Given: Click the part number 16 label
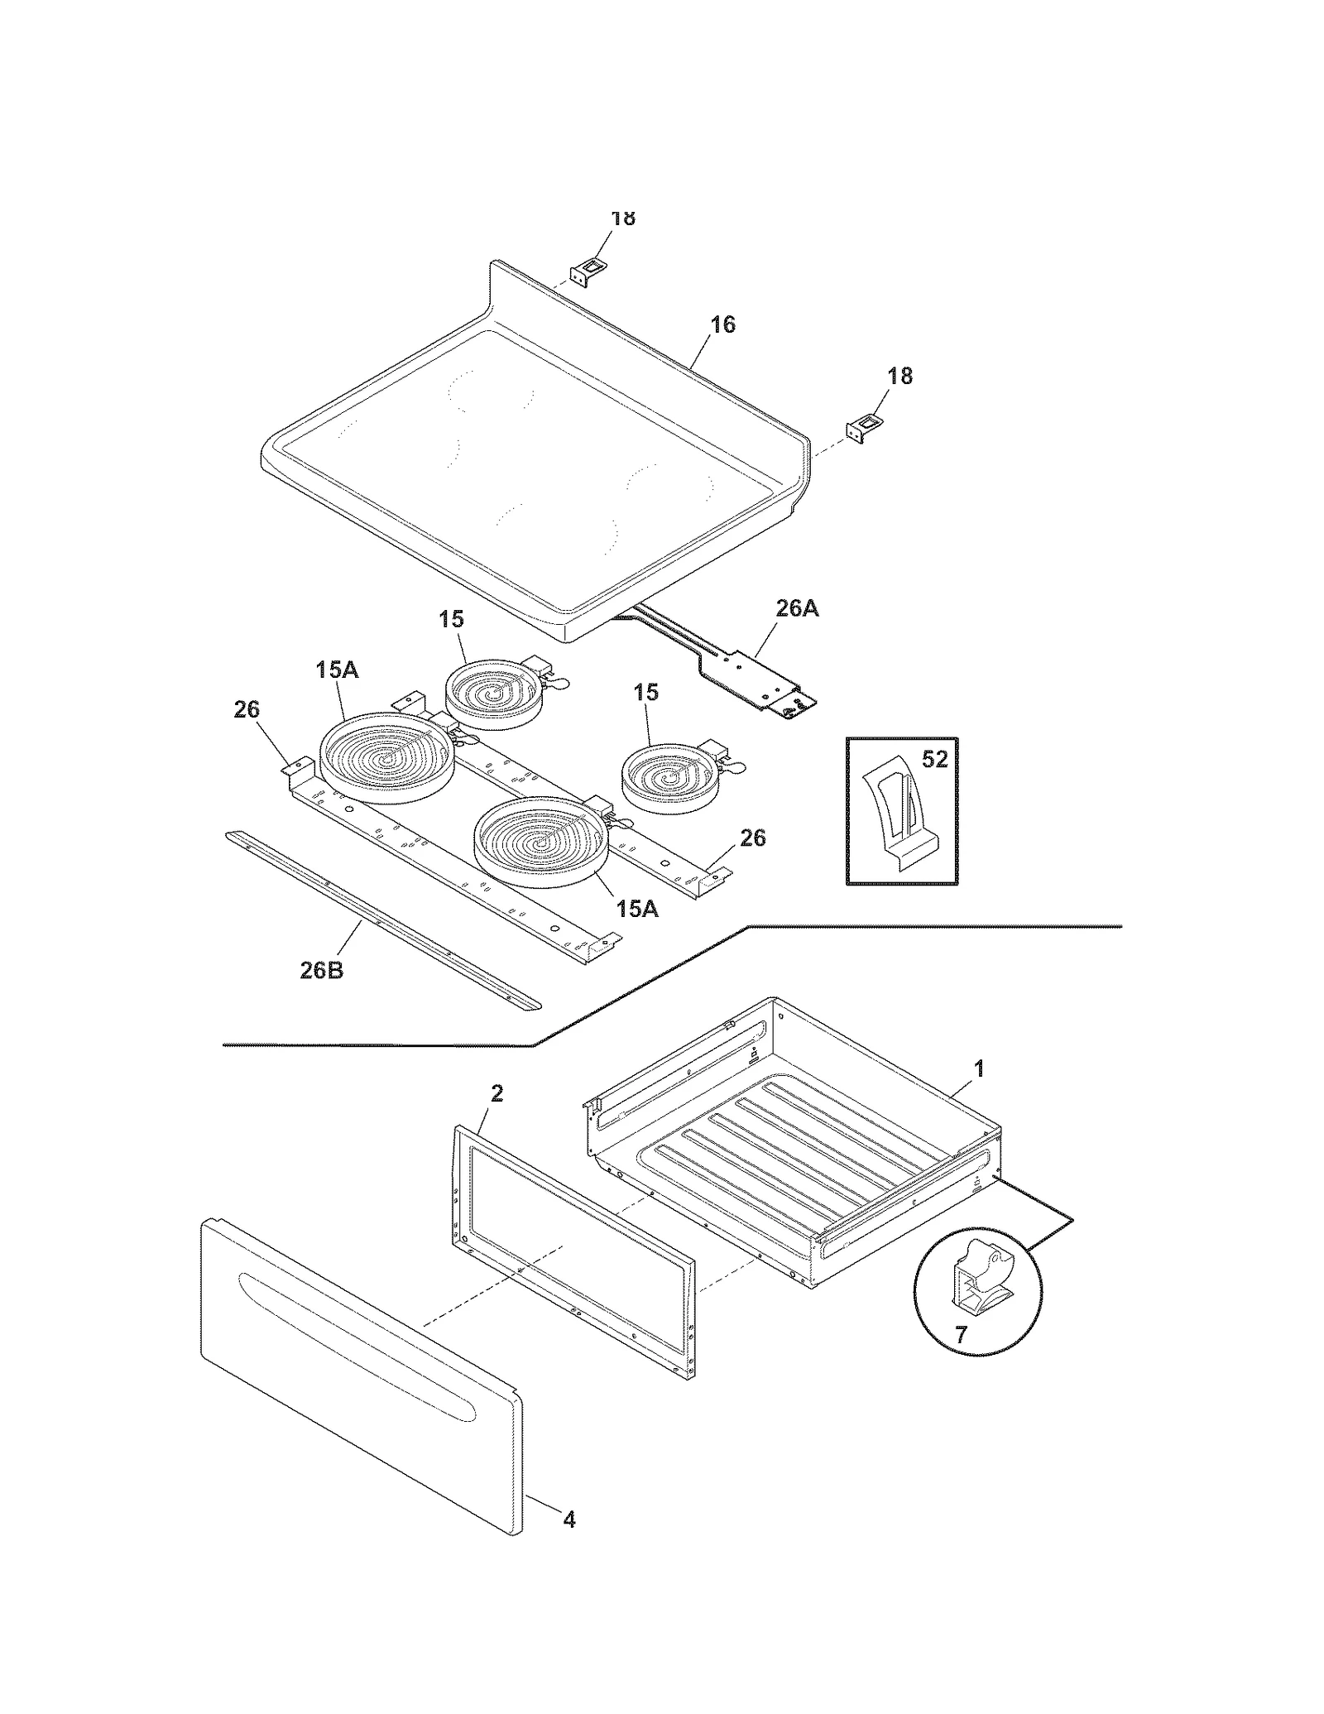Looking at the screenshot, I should (722, 324).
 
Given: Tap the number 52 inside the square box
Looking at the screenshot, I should (934, 759).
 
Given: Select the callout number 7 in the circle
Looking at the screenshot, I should (961, 1335).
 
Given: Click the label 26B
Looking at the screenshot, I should (321, 970).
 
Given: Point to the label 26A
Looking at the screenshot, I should (797, 608).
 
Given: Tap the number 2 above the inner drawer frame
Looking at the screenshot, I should (496, 1093).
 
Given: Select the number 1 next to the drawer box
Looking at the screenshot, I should (979, 1068).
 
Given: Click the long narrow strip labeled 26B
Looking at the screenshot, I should (381, 921).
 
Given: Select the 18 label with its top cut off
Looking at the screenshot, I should (623, 218).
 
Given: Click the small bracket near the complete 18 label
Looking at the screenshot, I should (859, 430).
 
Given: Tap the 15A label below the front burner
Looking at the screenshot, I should (636, 909).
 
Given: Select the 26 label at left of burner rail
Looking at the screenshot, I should (247, 709).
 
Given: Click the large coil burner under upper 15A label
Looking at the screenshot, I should (386, 758).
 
